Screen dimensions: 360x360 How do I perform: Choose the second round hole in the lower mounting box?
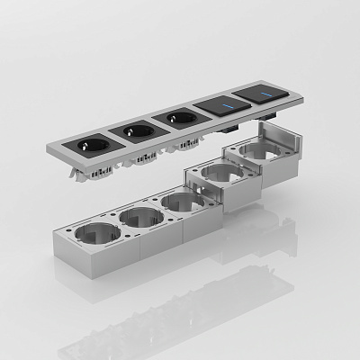point(140,217)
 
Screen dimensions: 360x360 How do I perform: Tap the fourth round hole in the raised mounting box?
point(216,173)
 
